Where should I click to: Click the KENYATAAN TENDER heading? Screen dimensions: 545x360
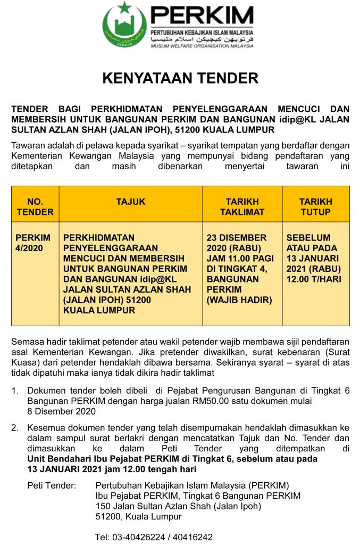point(180,78)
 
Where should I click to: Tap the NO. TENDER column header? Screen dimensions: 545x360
point(35,207)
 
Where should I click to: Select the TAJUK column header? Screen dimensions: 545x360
point(130,202)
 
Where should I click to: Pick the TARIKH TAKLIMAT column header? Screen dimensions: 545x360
point(242,207)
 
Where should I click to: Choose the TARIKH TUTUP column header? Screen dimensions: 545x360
point(315,207)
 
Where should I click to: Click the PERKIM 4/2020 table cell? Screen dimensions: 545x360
point(33,243)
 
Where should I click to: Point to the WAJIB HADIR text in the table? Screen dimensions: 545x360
point(239,300)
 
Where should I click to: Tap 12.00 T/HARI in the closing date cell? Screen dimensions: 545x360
point(314,279)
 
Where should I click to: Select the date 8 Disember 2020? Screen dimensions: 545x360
point(61,411)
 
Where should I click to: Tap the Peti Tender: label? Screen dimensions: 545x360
point(52,485)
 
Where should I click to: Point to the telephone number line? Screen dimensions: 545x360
point(154,537)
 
